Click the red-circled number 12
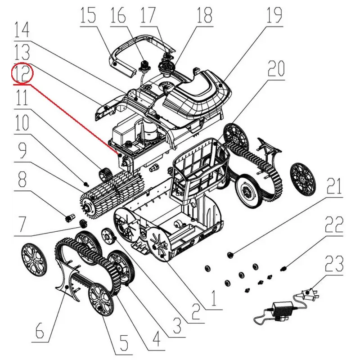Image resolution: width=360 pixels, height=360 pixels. click(22, 73)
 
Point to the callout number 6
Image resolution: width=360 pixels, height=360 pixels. click(40, 328)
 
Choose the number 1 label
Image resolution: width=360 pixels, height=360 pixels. click(213, 298)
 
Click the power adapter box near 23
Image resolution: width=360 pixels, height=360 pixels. click(282, 309)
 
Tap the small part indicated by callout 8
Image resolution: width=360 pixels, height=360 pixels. click(70, 217)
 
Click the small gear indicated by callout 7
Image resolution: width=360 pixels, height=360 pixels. click(82, 223)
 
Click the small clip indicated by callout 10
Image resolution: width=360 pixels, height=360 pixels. click(85, 184)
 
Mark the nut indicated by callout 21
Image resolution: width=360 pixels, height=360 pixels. click(230, 254)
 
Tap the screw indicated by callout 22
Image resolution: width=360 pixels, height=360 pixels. click(283, 268)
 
